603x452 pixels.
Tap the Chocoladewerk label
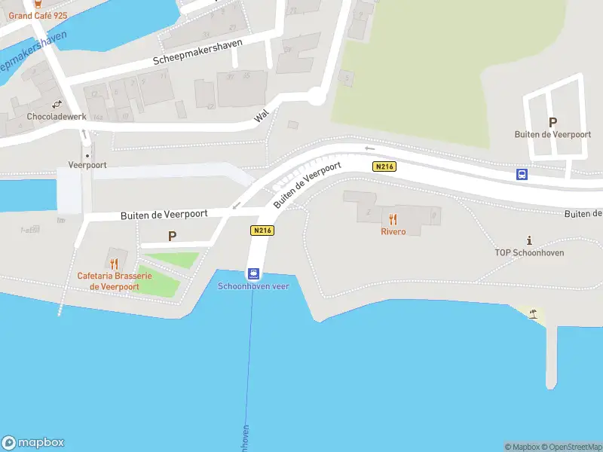coord(57,117)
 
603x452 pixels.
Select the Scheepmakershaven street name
coord(197,52)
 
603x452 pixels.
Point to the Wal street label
coord(262,115)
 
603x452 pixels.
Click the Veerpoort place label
coord(87,164)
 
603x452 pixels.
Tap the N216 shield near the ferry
coord(262,231)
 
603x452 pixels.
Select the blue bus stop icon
coord(522,174)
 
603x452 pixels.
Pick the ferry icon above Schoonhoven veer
coord(254,274)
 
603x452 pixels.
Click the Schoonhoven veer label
coord(254,286)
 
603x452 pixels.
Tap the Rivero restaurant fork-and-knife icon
coord(393,219)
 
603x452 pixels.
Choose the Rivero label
coord(393,231)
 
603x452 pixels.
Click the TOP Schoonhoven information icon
coord(529,241)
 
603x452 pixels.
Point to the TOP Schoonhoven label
coord(529,253)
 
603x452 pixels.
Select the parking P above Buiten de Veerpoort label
coord(552,122)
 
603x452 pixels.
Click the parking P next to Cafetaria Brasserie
coord(172,236)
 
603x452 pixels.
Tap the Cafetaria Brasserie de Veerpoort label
coord(114,281)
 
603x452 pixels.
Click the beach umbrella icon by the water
coord(534,313)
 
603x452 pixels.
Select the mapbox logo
coord(33,443)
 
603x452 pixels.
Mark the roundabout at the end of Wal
coord(315,96)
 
